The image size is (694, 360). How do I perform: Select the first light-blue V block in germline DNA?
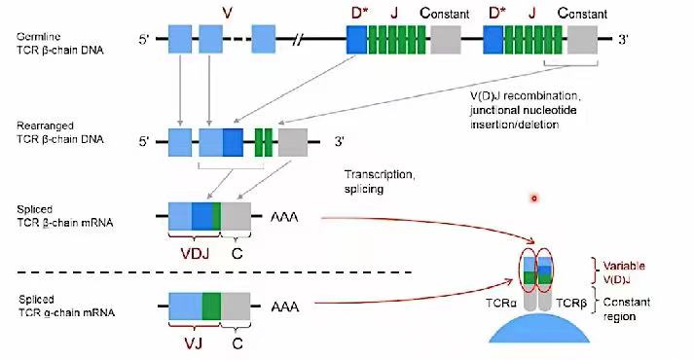tap(181, 41)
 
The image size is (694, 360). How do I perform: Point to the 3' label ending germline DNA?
tap(624, 41)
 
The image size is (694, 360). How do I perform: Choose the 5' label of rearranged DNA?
tap(144, 141)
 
